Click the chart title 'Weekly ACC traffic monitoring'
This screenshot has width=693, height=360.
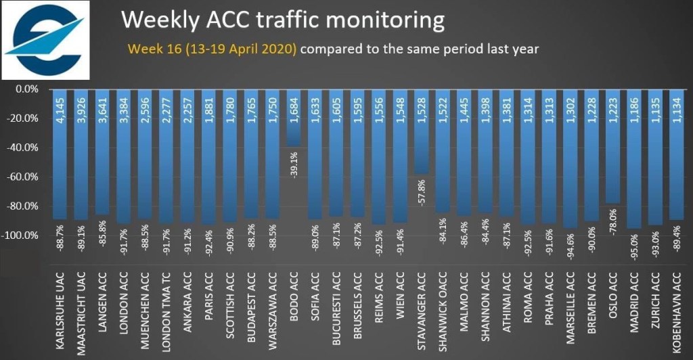[283, 20]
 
